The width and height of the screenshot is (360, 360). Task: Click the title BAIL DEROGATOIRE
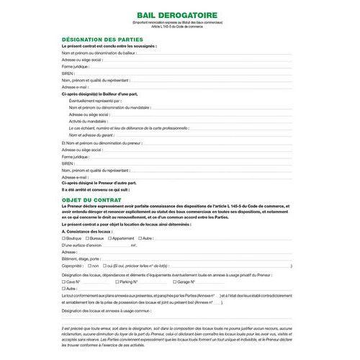[x=179, y=14]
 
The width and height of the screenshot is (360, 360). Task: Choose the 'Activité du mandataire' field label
[x=90, y=120]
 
